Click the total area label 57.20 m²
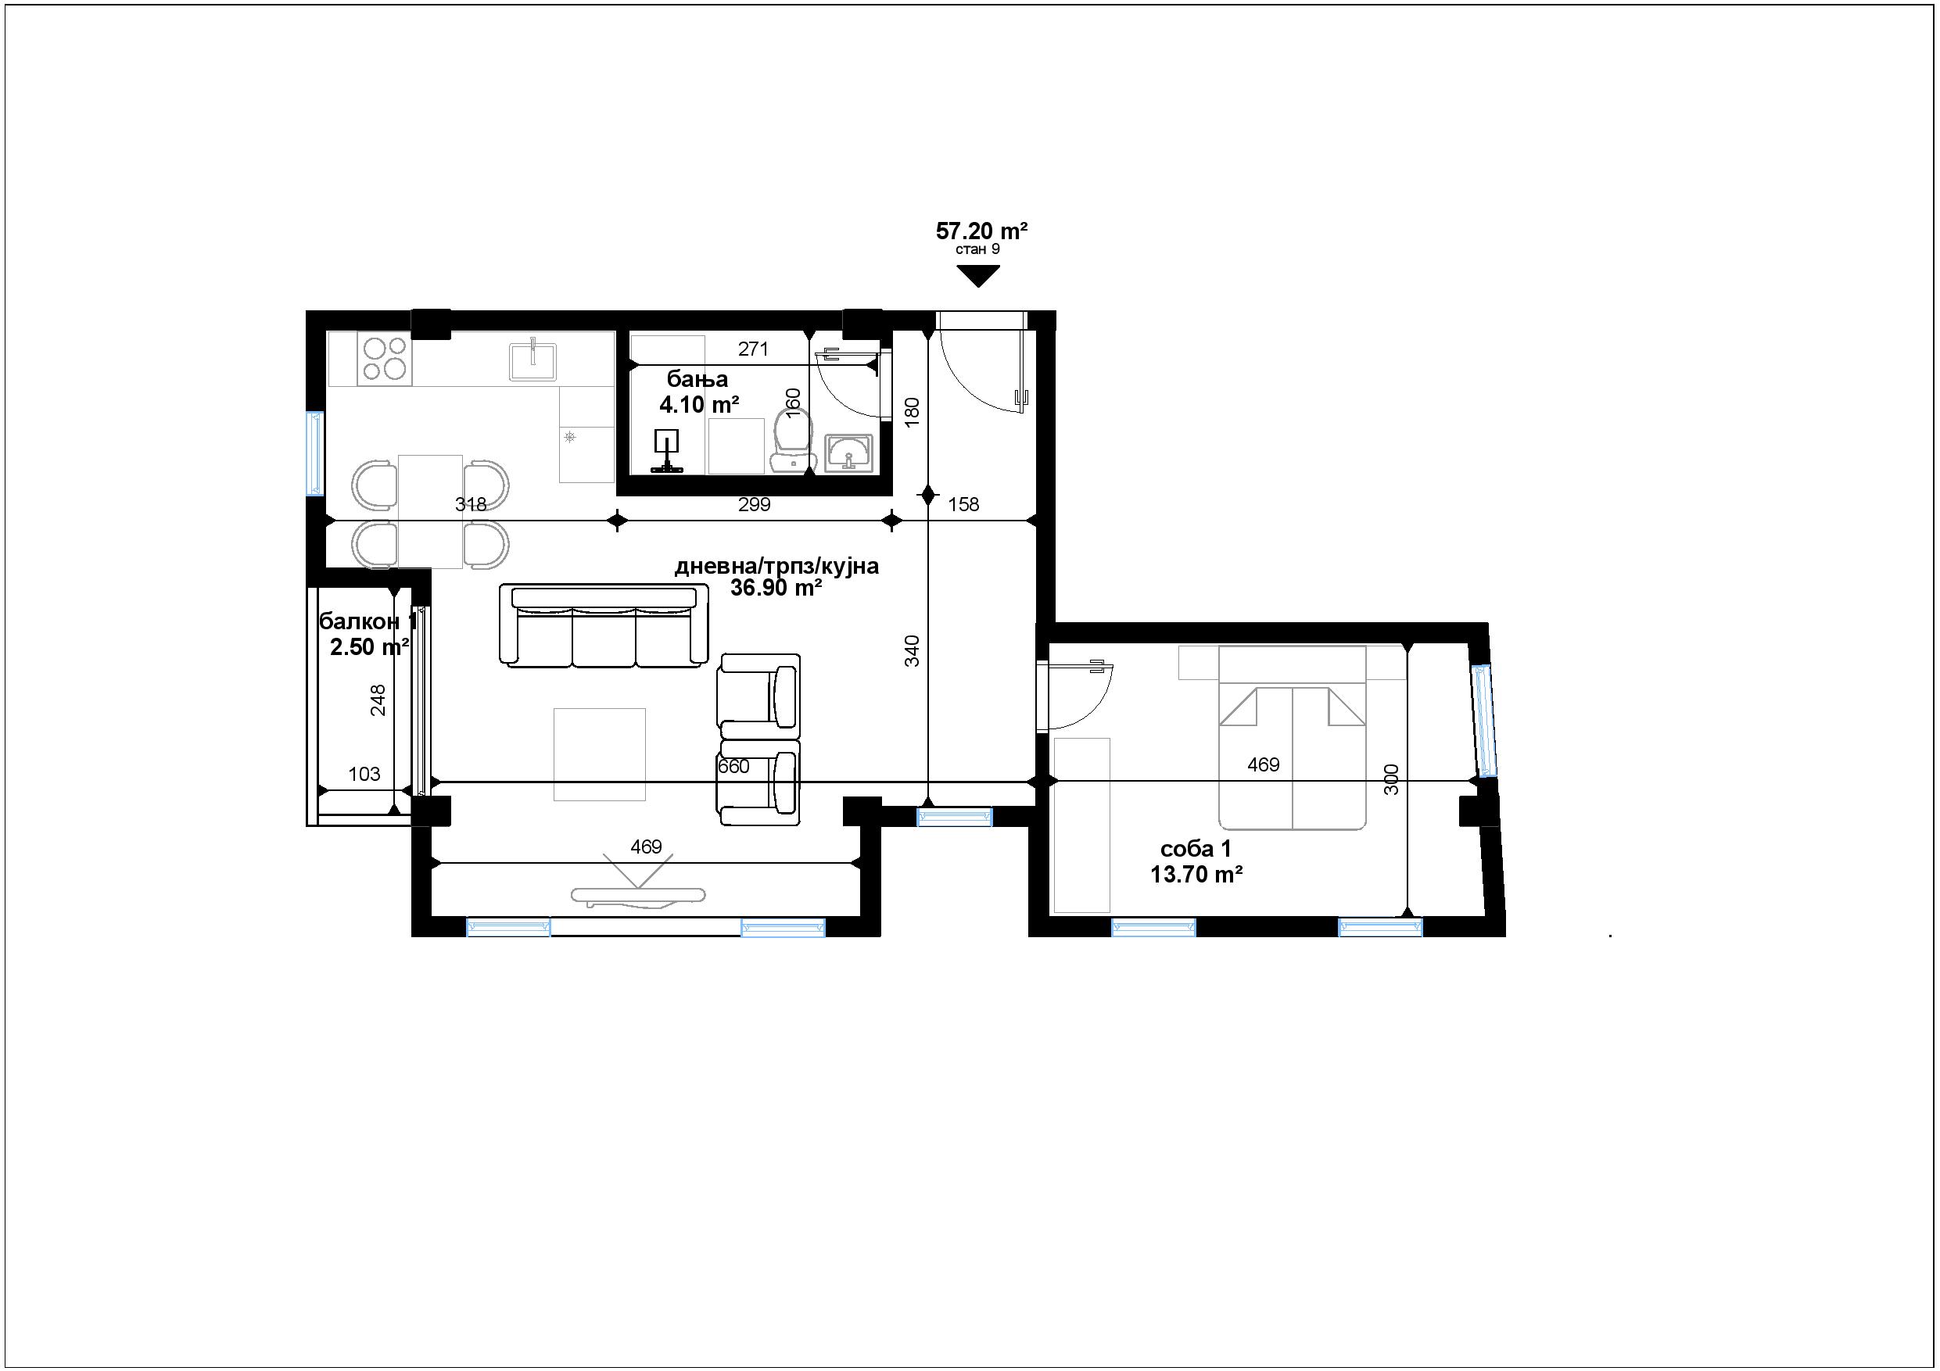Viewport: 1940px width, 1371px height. click(981, 231)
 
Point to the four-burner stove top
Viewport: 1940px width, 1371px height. click(385, 358)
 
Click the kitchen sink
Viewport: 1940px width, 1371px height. click(533, 360)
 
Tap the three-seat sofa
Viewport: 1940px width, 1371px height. click(604, 625)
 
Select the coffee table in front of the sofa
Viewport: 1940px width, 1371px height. click(599, 754)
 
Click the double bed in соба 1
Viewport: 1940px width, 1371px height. click(1292, 737)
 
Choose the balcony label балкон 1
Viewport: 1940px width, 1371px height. click(368, 622)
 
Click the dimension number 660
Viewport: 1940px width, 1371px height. click(733, 767)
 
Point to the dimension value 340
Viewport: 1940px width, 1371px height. click(912, 651)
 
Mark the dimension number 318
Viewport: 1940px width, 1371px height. click(471, 505)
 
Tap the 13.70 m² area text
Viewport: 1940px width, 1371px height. click(1196, 875)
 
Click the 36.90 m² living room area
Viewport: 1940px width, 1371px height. click(776, 589)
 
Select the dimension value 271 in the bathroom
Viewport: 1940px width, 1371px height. click(753, 349)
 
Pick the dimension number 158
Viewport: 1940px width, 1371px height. click(963, 505)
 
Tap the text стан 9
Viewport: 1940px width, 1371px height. click(977, 250)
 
